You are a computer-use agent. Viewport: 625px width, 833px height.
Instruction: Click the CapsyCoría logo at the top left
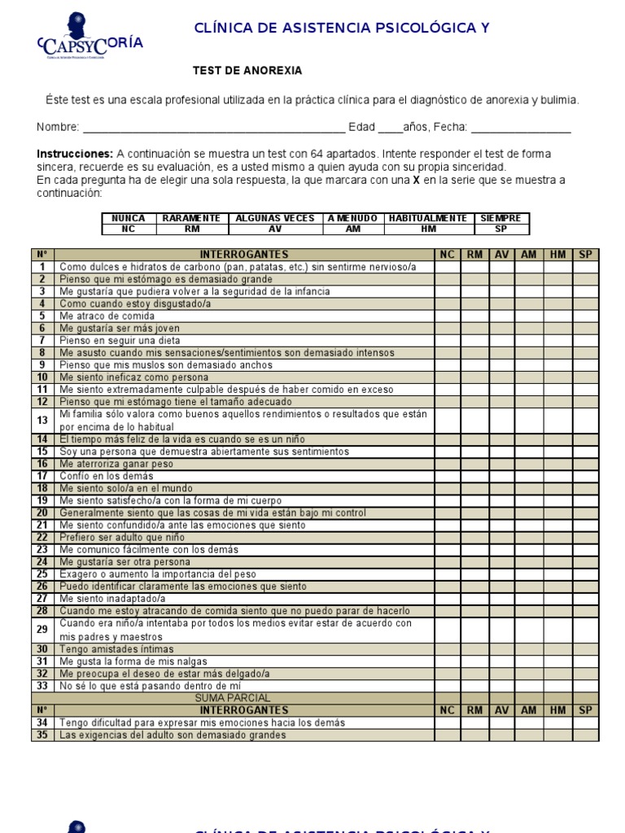point(90,40)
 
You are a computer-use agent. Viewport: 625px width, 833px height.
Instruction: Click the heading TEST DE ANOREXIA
point(247,71)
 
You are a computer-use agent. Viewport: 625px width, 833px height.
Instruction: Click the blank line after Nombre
point(213,128)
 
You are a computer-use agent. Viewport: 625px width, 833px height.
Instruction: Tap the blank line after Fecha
point(521,128)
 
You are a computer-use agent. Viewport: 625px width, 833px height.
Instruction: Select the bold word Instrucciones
point(75,154)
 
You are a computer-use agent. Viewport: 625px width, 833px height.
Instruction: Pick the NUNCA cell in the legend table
point(129,218)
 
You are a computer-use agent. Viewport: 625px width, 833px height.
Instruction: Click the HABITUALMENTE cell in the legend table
point(428,218)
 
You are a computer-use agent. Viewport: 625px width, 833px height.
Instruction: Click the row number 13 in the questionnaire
point(42,421)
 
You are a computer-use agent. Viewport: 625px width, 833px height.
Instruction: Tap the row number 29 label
point(42,630)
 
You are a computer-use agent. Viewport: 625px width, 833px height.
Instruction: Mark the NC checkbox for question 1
point(447,267)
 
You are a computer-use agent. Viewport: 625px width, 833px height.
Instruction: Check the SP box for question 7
point(584,341)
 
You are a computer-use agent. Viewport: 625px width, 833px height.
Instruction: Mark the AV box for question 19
point(501,500)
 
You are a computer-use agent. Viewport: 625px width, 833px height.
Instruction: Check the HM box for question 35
point(557,735)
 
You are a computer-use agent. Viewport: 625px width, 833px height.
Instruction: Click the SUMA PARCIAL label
point(233,698)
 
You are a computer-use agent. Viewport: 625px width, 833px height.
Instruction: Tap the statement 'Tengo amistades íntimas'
point(116,648)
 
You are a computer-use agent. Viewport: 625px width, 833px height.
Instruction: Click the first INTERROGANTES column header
point(244,255)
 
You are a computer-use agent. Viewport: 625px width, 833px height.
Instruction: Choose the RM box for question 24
point(474,562)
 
